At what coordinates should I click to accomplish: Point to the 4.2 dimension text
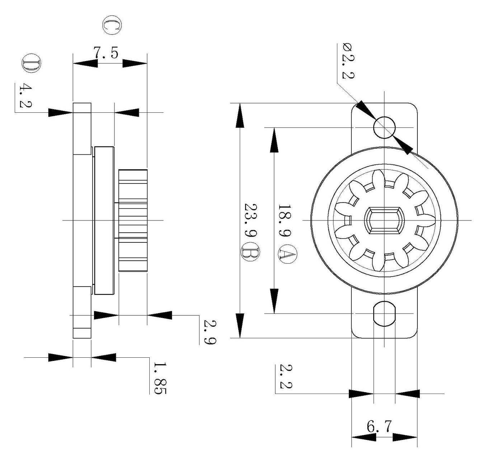[25, 96]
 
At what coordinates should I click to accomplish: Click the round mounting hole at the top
[384, 127]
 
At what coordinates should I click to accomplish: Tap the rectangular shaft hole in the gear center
[384, 220]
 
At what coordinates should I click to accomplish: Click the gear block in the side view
[133, 220]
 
